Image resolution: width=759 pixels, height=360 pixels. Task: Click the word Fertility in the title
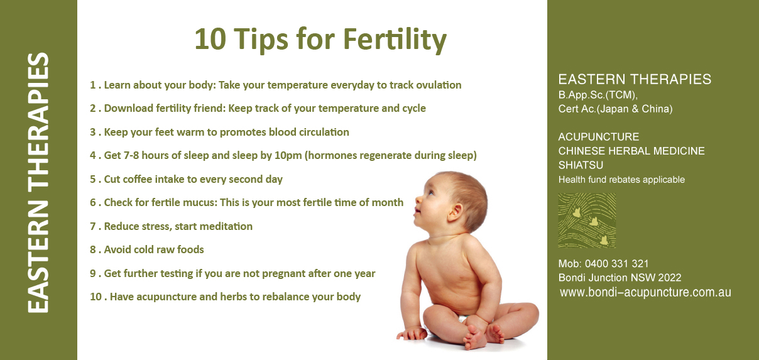click(x=395, y=40)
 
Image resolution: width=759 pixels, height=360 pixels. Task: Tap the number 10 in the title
click(x=210, y=39)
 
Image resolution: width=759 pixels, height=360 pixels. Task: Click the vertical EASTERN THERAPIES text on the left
click(x=38, y=183)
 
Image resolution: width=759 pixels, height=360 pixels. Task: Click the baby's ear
click(x=455, y=213)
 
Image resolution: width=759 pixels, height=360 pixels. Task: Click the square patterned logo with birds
click(x=587, y=221)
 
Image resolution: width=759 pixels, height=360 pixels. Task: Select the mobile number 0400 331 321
click(x=617, y=263)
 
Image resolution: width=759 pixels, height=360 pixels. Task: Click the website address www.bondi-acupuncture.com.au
click(x=645, y=292)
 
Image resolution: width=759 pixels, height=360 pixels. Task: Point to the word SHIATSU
click(x=581, y=165)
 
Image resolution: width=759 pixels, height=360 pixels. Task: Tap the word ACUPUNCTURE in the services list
click(x=599, y=137)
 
